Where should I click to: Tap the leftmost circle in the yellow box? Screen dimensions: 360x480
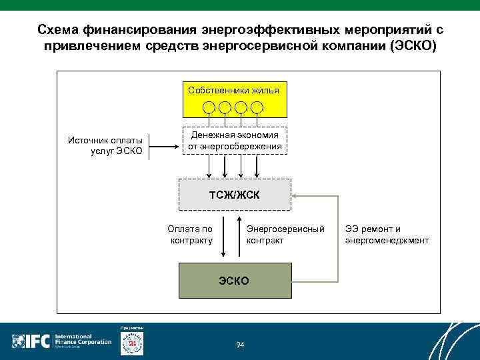(209, 107)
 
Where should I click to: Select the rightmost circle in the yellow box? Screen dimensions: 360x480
(257, 107)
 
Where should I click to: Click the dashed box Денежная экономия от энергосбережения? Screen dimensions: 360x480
(234, 140)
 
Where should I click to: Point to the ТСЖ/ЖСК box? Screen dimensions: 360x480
(234, 194)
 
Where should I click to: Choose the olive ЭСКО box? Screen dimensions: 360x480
(234, 281)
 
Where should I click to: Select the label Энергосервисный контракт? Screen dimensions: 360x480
(285, 235)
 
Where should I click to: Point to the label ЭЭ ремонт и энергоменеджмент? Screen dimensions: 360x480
(387, 235)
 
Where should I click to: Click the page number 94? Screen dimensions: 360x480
(240, 344)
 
